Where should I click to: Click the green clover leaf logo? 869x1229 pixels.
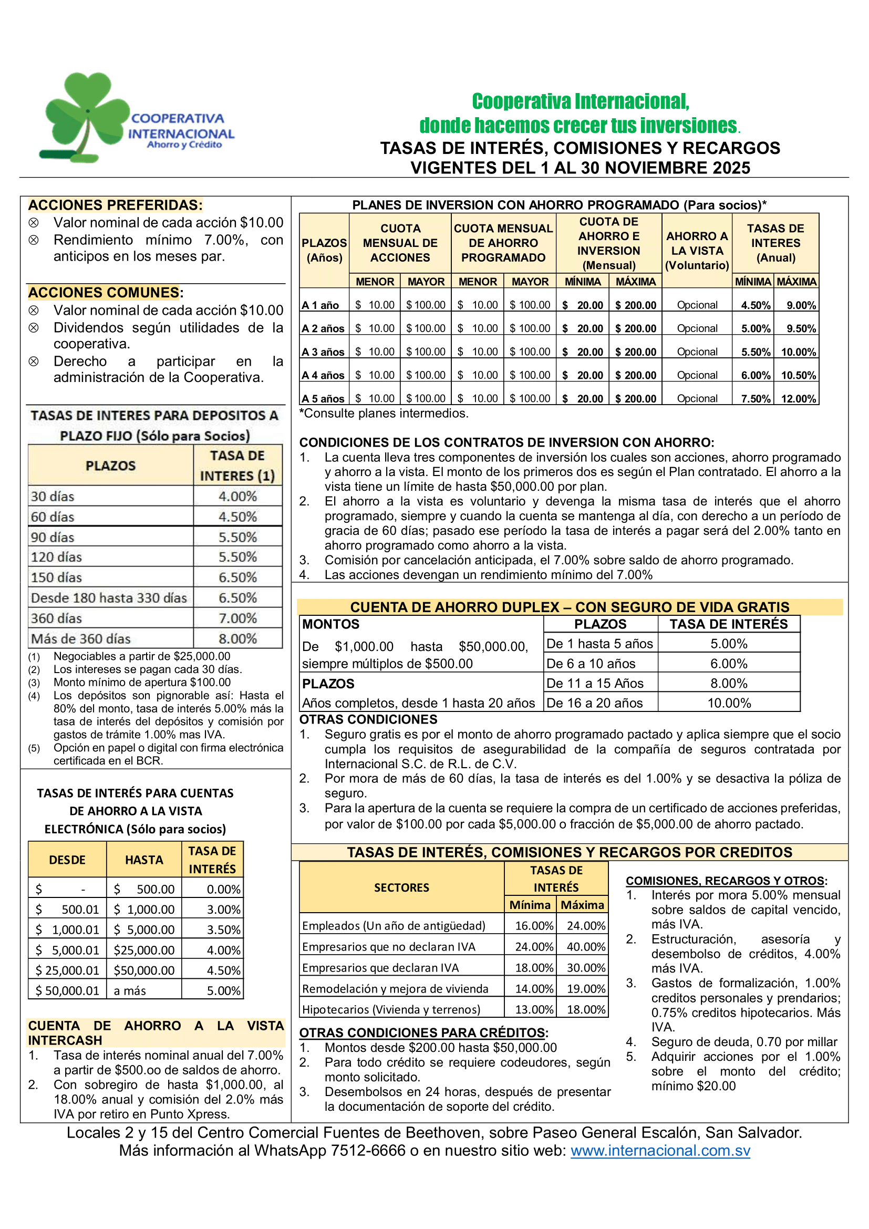(86, 115)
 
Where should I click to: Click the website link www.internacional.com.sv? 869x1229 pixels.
(660, 1150)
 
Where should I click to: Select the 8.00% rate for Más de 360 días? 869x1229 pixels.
(237, 638)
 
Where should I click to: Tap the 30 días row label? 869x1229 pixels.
(53, 497)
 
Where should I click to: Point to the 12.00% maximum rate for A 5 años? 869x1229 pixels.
(798, 399)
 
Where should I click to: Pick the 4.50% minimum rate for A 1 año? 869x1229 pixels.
(755, 305)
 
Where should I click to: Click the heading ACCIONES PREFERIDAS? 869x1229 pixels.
(115, 205)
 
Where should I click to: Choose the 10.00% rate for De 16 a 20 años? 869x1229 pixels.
(729, 703)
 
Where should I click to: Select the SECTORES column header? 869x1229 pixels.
(401, 887)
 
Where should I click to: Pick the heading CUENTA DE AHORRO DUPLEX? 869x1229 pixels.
(570, 607)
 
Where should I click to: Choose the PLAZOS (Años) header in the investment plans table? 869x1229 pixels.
(324, 250)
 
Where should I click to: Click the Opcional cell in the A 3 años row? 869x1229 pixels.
(697, 352)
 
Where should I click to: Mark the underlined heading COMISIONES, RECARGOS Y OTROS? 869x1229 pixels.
(726, 881)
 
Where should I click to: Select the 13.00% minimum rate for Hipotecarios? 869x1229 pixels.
(533, 1009)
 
